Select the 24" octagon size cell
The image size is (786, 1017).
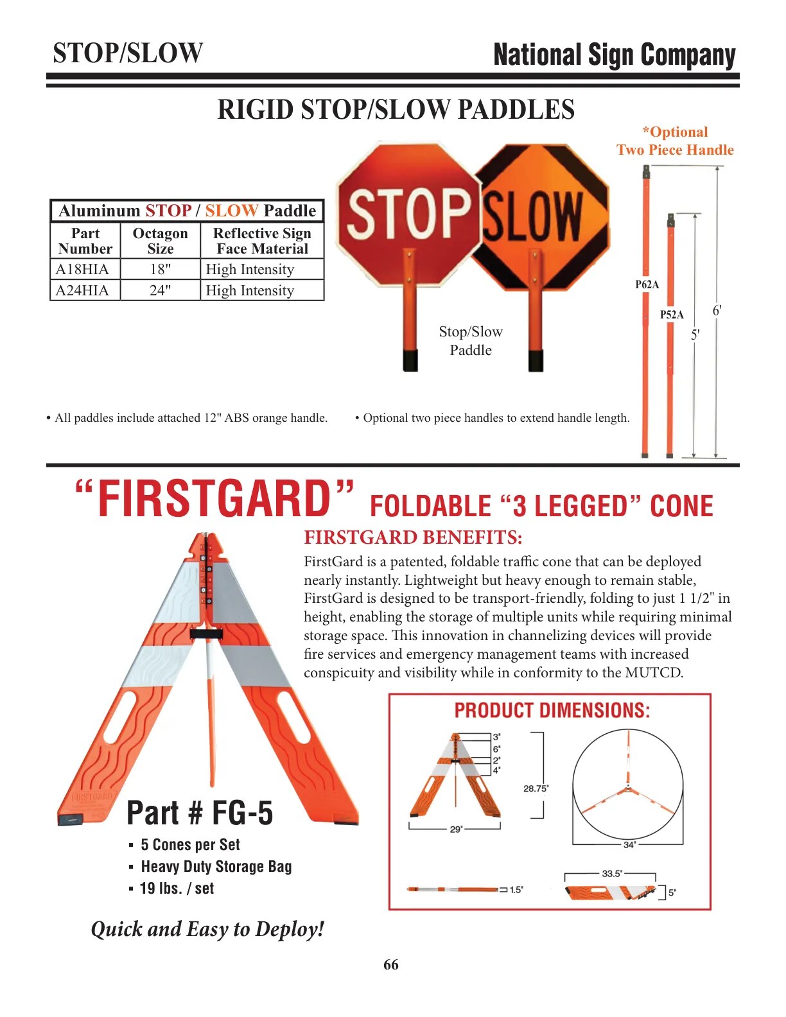pos(160,290)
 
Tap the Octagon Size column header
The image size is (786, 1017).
pos(160,241)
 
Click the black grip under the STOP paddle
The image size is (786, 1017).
pos(410,360)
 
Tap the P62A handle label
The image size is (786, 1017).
pos(647,284)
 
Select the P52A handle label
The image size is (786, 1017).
pos(672,315)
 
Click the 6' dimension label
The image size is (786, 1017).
pos(717,310)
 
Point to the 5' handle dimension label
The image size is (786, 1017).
pos(695,335)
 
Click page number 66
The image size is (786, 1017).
pos(391,964)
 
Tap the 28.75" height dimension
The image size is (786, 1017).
pos(536,788)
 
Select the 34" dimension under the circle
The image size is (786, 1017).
pos(629,845)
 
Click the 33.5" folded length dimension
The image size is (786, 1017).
pos(612,873)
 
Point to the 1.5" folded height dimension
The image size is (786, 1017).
pos(516,889)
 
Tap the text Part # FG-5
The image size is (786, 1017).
pos(200,813)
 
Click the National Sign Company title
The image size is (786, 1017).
pos(614,55)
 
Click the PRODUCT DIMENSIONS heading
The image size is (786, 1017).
pos(552,710)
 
